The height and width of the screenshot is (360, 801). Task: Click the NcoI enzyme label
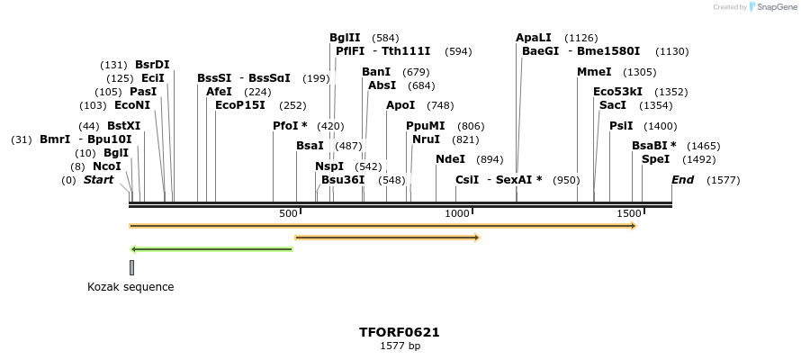[106, 166]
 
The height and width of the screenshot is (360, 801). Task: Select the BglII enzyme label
[345, 38]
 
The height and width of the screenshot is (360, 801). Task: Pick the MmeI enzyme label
[594, 72]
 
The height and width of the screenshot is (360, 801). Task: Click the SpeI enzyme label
[655, 159]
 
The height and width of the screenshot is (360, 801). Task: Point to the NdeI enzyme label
[450, 159]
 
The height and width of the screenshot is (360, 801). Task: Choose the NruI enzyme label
[427, 139]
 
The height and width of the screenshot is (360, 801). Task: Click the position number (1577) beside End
[723, 180]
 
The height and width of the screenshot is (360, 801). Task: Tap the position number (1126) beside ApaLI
[580, 38]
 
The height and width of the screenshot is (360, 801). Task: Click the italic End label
[682, 180]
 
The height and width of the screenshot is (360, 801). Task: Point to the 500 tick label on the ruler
[288, 213]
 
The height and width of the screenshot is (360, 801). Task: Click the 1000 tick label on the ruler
[458, 213]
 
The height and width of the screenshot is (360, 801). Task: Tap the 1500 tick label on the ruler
[628, 213]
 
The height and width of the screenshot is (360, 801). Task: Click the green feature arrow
[211, 248]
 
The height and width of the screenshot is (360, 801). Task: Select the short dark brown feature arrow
[387, 238]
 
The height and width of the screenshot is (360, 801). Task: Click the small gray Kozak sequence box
[131, 267]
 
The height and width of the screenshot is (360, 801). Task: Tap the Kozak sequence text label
[130, 287]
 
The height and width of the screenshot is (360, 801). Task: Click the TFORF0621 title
[400, 332]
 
